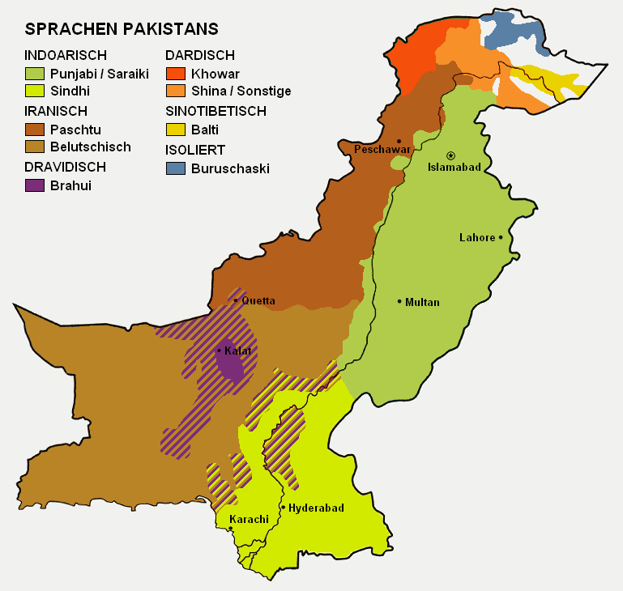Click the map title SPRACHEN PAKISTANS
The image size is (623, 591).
[x=122, y=29]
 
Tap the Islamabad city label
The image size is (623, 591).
[x=454, y=168]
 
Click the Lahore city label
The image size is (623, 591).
[x=476, y=237]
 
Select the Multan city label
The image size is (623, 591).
[x=422, y=302]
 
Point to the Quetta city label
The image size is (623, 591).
[x=258, y=300]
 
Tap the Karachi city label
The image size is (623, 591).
[x=249, y=519]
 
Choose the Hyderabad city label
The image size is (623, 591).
[x=317, y=508]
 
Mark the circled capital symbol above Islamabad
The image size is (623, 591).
[x=451, y=155]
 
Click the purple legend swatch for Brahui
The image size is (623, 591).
[x=35, y=185]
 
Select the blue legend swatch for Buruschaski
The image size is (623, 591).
[x=175, y=169]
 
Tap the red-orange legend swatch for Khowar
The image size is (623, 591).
[x=175, y=74]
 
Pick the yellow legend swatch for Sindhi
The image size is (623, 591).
[x=35, y=91]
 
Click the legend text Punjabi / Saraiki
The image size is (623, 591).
[x=100, y=74]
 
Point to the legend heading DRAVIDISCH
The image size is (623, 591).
[x=66, y=167]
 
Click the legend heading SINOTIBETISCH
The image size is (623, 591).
[x=215, y=111]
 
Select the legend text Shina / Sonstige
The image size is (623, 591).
[x=241, y=91]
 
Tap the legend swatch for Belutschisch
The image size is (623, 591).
[x=35, y=147]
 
